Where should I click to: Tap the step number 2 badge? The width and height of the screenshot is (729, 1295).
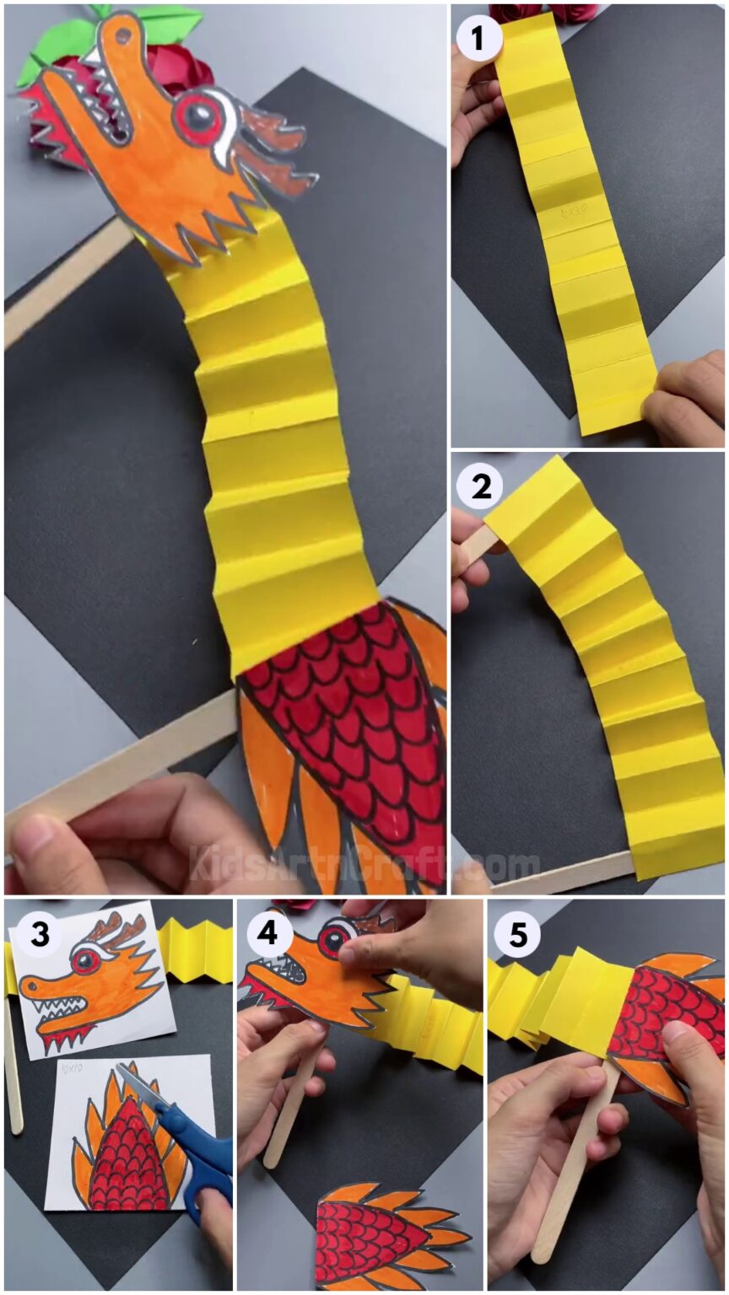click(x=479, y=488)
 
